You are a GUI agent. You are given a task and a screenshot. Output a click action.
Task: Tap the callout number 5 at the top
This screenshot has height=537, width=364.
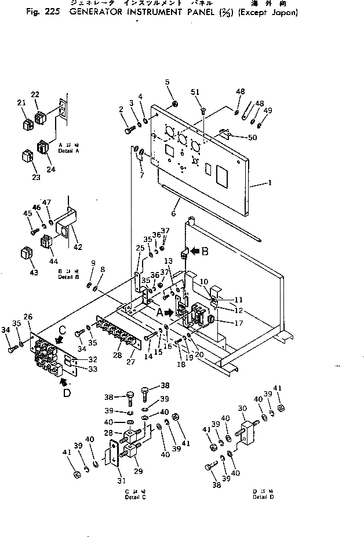(168, 82)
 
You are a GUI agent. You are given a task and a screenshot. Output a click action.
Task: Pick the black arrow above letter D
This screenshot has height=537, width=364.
(61, 381)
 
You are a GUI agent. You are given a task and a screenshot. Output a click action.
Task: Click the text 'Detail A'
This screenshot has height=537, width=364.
(69, 150)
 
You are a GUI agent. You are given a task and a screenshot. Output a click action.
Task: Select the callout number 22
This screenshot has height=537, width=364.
(35, 94)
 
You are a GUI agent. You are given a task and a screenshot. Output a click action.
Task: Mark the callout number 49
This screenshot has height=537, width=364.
(267, 111)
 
